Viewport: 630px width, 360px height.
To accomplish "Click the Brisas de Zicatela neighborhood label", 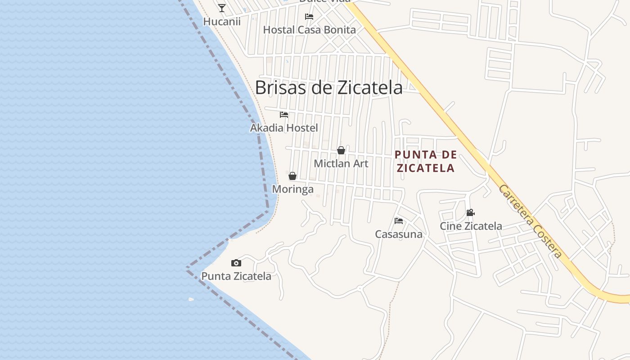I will [x=328, y=88].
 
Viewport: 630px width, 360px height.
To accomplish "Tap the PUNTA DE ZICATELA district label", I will [x=425, y=162].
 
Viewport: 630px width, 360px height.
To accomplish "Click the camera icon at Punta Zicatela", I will [x=236, y=263].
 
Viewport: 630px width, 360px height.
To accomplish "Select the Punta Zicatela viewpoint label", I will [x=236, y=276].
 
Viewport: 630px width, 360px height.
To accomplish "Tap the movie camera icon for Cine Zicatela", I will [x=471, y=212].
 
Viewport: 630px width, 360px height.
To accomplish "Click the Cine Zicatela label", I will [x=471, y=226].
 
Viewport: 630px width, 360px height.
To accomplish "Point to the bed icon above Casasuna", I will [x=399, y=220].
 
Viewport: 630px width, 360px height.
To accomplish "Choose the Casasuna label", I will [x=399, y=234].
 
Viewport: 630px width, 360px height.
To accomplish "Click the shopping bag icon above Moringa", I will [x=292, y=176].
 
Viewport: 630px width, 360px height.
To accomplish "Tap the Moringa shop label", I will [x=292, y=189].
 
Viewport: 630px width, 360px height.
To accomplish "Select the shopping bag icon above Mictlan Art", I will [x=341, y=150].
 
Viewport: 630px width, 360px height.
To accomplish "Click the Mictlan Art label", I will [x=341, y=164].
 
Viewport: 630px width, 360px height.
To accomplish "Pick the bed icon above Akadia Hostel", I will [x=284, y=115].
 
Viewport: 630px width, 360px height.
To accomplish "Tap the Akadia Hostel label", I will [x=284, y=128].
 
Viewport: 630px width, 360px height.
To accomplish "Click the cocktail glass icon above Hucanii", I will [x=222, y=8].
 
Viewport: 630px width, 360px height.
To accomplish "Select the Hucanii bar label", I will [x=222, y=22].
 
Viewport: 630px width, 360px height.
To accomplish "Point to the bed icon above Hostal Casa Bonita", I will [x=309, y=17].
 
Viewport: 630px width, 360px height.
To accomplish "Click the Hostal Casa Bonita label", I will [x=309, y=30].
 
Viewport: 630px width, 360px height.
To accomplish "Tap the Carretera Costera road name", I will [x=530, y=221].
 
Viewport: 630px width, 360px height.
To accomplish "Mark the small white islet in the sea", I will [x=191, y=299].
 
